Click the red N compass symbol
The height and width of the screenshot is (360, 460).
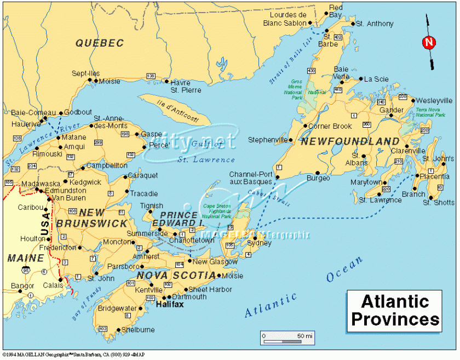tap(428, 42)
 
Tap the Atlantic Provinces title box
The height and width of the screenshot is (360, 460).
tap(394, 311)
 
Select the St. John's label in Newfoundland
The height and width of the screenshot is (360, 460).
tap(436, 159)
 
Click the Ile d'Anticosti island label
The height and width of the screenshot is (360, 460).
tap(173, 107)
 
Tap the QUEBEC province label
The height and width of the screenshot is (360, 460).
tap(100, 43)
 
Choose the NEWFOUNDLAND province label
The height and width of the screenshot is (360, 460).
tap(350, 141)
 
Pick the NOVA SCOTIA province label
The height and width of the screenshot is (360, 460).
tap(176, 275)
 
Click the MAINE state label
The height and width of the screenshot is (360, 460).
tap(26, 258)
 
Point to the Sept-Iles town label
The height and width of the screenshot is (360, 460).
tap(86, 73)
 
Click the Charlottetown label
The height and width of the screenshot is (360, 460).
tap(192, 240)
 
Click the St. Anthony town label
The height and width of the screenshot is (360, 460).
tap(375, 24)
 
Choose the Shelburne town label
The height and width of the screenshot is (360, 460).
tap(137, 330)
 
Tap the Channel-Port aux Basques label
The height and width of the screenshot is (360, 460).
tap(251, 178)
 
